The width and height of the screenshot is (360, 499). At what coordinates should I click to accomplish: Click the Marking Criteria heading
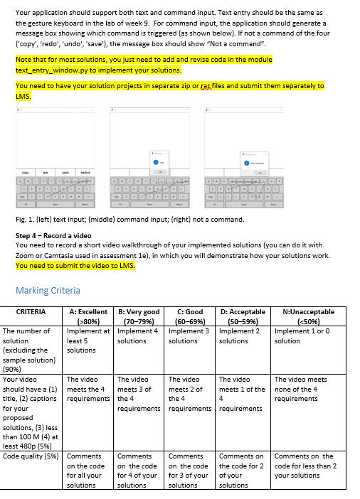click(48, 290)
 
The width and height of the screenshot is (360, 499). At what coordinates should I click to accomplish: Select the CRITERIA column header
click(31, 312)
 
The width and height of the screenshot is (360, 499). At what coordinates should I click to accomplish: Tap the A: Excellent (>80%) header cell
click(88, 316)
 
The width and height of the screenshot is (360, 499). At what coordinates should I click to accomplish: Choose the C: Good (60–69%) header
click(189, 316)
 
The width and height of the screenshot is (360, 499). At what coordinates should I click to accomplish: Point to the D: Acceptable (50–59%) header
click(243, 316)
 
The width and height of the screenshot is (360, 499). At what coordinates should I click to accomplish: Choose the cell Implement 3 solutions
click(189, 336)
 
